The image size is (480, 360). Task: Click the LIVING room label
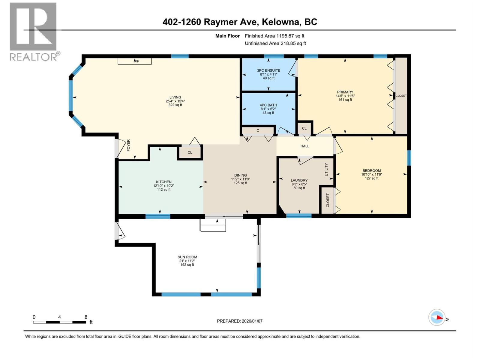pyautogui.click(x=175, y=97)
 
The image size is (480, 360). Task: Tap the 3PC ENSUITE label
pyautogui.click(x=268, y=70)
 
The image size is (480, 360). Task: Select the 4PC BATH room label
pyautogui.click(x=268, y=105)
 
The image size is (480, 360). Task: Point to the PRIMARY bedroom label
pyautogui.click(x=345, y=92)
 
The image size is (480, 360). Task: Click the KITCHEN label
pyautogui.click(x=163, y=182)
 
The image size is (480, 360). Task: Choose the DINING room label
pyautogui.click(x=240, y=175)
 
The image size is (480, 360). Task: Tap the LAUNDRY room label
pyautogui.click(x=299, y=180)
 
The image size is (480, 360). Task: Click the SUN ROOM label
pyautogui.click(x=187, y=257)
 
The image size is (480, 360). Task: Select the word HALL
pyautogui.click(x=305, y=146)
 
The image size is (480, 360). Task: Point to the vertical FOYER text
pyautogui.click(x=129, y=145)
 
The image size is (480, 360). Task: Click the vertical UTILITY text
pyautogui.click(x=326, y=169)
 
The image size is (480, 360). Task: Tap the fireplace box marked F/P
pyautogui.click(x=135, y=61)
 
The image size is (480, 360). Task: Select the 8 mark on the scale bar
pyautogui.click(x=86, y=317)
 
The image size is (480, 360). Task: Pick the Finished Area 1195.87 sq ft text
pyautogui.click(x=274, y=36)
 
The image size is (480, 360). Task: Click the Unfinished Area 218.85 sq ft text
pyautogui.click(x=275, y=43)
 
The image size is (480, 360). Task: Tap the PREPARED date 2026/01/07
pyautogui.click(x=239, y=321)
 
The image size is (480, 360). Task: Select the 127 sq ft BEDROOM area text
pyautogui.click(x=371, y=178)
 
